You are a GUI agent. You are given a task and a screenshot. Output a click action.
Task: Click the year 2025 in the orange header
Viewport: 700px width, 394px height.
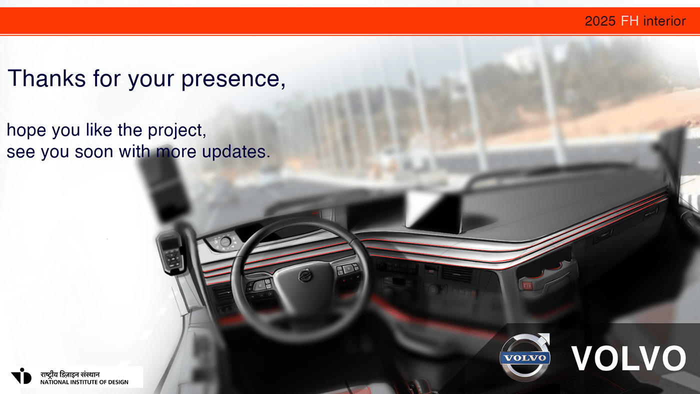(x=600, y=21)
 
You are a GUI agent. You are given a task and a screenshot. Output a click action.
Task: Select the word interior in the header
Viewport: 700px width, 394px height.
(x=664, y=21)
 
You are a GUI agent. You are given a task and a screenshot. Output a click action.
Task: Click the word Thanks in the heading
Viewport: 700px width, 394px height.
(x=46, y=78)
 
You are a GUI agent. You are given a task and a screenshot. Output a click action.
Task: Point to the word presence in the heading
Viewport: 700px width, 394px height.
(x=233, y=79)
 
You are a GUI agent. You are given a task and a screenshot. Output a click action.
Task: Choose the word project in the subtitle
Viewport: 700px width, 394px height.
(x=177, y=130)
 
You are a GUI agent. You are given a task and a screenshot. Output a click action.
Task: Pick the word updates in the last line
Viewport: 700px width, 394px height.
(x=235, y=152)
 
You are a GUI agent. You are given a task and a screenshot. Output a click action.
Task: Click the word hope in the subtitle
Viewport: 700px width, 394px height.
(x=26, y=130)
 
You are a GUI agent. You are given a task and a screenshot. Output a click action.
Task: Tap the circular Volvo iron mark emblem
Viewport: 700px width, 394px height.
(x=524, y=357)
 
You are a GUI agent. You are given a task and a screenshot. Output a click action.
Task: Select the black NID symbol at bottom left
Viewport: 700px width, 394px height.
(x=21, y=376)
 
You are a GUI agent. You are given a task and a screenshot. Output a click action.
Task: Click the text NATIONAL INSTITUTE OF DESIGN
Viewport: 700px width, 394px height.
(x=84, y=382)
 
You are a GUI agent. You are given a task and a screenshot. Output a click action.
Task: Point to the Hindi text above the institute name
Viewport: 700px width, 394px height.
(x=70, y=374)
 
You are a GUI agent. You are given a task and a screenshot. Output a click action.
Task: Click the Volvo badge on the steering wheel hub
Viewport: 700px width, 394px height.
(x=305, y=275)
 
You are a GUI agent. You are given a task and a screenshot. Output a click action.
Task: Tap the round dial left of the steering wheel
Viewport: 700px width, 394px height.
(x=225, y=242)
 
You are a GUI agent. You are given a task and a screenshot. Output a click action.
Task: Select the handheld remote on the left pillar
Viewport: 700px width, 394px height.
(x=171, y=252)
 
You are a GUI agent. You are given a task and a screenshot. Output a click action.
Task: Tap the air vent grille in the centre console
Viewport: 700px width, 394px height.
(x=457, y=274)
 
